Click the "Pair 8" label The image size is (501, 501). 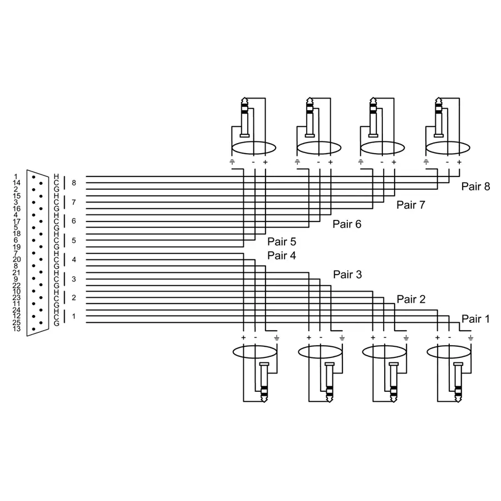(x=475, y=186)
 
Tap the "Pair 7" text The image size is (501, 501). (x=410, y=205)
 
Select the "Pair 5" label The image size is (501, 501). (x=282, y=242)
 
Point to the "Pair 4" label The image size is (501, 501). (x=282, y=256)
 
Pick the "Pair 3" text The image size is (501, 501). (x=347, y=274)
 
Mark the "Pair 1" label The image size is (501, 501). (x=475, y=319)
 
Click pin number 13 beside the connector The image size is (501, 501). (x=16, y=329)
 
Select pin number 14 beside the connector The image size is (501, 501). (x=16, y=183)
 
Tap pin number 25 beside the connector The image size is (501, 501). (x=16, y=322)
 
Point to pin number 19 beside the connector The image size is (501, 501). (x=16, y=247)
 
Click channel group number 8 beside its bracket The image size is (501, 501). (x=73, y=183)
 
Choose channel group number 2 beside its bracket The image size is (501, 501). (x=73, y=297)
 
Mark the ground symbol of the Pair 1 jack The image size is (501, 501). (x=471, y=338)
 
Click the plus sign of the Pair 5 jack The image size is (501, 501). (x=265, y=162)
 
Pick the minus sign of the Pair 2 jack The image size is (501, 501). (x=385, y=338)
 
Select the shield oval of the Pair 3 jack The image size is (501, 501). (x=320, y=352)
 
